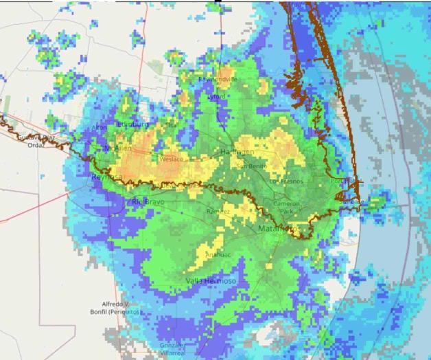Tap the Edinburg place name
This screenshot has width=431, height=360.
coord(133,124)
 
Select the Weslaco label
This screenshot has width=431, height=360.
coord(172,159)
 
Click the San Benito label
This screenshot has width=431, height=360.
coord(252,166)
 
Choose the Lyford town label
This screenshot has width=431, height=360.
coord(217,97)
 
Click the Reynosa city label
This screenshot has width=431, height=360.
coord(107,177)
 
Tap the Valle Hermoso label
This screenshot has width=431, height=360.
coord(211,281)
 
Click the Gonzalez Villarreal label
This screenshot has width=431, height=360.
coord(172,348)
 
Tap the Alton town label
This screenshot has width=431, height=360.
coord(100,128)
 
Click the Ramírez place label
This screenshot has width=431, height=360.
coord(218,211)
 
